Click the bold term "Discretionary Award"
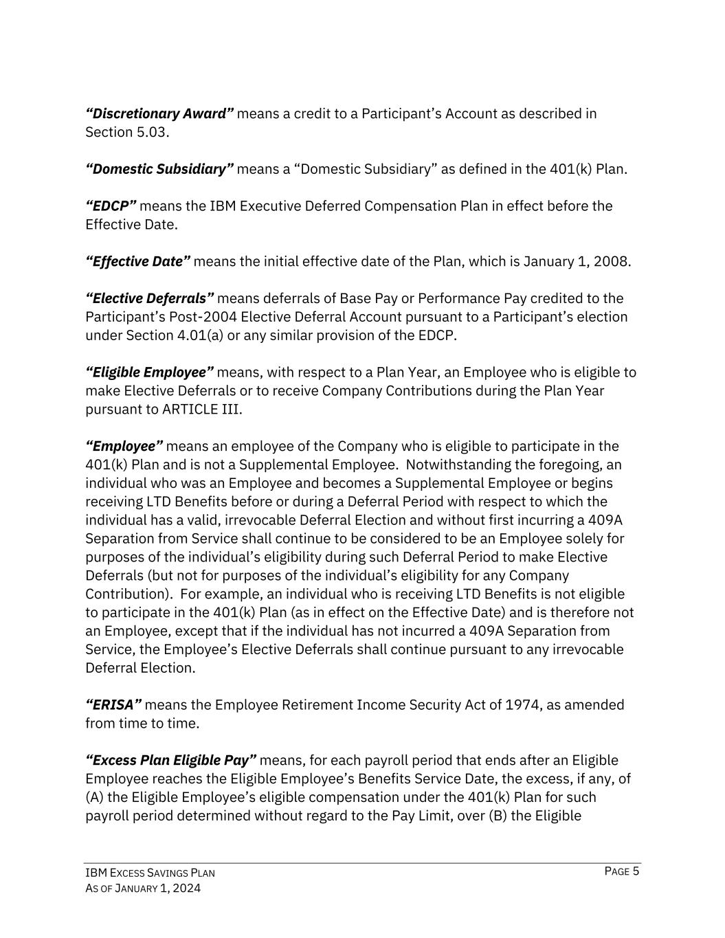point(159,113)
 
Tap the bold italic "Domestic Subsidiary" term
point(159,169)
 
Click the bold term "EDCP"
point(111,206)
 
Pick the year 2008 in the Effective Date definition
point(612,262)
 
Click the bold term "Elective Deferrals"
point(150,299)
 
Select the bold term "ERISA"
point(113,705)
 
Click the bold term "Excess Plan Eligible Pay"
point(171,761)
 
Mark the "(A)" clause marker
point(94,798)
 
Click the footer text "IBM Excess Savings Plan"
point(150,873)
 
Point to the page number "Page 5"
point(622,872)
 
